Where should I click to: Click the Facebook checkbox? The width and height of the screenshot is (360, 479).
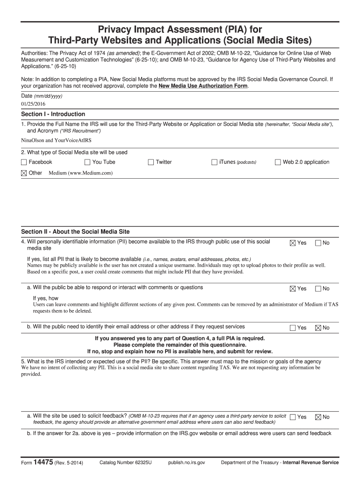click(x=24, y=162)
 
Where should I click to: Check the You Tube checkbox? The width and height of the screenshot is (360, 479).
click(x=87, y=162)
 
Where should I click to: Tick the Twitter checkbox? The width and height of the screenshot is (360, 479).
click(x=151, y=162)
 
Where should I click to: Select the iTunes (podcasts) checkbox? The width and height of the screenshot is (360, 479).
click(x=215, y=162)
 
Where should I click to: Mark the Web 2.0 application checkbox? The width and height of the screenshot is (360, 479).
click(x=278, y=162)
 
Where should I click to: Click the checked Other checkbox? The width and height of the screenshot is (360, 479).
click(x=24, y=173)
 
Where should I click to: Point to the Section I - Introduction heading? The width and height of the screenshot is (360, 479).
click(x=53, y=114)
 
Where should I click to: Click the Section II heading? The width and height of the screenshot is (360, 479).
click(x=75, y=232)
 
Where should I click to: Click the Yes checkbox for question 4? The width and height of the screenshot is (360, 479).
click(x=293, y=243)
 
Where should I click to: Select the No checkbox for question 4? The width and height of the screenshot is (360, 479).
click(x=318, y=243)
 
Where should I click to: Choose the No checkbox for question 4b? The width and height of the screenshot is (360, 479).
click(x=318, y=328)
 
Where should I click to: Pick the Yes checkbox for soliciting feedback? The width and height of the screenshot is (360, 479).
click(x=293, y=417)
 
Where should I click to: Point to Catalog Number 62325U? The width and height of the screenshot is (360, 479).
click(x=126, y=463)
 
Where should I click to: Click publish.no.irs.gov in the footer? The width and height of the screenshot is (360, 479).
click(x=187, y=463)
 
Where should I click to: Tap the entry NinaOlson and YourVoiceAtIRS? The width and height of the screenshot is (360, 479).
click(x=56, y=140)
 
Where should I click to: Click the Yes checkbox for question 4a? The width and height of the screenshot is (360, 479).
click(x=293, y=289)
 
